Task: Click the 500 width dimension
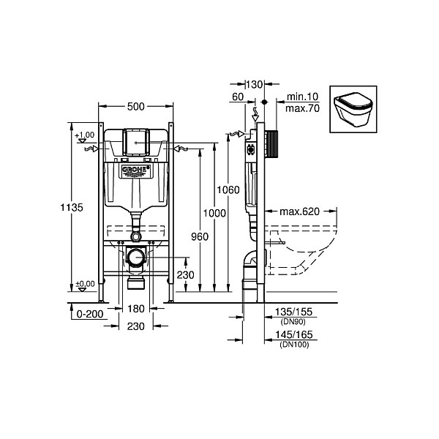(136, 106)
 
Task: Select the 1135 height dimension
(72, 208)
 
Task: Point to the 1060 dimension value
(228, 190)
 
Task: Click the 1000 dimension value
(214, 214)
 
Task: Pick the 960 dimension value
(200, 237)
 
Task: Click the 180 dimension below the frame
(136, 309)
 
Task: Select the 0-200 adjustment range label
(90, 314)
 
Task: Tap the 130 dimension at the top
(255, 84)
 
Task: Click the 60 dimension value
(238, 97)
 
